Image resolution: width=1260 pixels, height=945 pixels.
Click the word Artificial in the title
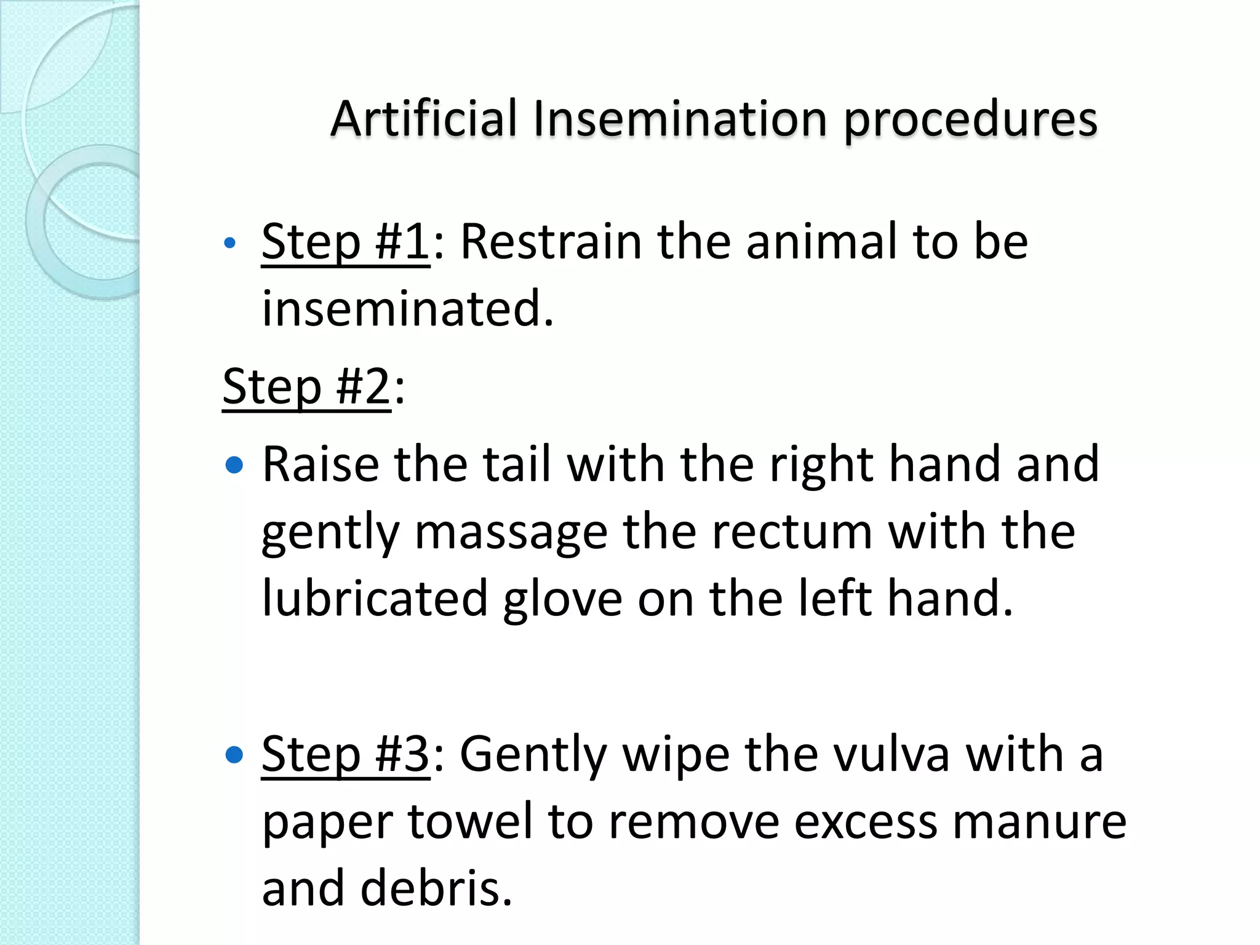424,118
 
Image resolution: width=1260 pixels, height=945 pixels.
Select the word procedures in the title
970,118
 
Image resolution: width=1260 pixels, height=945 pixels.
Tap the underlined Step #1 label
345,242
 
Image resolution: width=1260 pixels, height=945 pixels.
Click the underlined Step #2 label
306,386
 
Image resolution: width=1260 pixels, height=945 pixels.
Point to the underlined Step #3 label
345,754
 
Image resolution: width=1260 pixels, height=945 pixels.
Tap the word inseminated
407,309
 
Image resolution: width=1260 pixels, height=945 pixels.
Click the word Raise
321,464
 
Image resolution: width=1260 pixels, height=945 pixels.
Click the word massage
511,532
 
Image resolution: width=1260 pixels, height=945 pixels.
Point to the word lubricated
375,599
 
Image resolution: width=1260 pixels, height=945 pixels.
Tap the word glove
562,599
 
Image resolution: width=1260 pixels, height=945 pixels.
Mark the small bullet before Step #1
230,243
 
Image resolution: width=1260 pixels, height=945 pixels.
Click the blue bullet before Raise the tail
234,465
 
